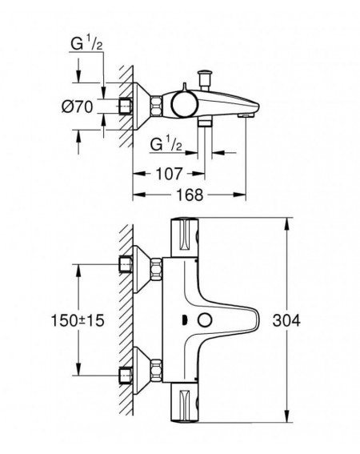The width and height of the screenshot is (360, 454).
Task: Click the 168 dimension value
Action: click(190, 195)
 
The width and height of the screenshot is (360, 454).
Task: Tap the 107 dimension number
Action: click(170, 174)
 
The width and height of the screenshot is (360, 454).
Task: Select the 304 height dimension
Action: click(286, 320)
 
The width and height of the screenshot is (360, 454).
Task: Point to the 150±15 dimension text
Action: click(78, 320)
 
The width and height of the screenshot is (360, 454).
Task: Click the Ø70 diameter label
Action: click(78, 106)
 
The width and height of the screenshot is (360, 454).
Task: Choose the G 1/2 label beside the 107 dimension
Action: click(166, 144)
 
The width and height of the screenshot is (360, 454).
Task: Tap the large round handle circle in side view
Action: click(185, 104)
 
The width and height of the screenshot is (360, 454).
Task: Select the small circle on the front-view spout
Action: click(205, 320)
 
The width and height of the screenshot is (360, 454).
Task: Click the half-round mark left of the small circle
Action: click(183, 320)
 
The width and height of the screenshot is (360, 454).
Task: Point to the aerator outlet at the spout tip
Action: click(246, 115)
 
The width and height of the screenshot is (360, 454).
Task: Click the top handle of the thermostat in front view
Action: click(185, 238)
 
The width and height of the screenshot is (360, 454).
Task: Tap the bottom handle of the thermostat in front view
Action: click(185, 403)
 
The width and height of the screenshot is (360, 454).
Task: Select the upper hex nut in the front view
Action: click(156, 269)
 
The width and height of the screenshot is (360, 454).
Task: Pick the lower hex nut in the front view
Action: click(156, 371)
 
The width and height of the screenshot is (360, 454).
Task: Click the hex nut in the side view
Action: click(156, 106)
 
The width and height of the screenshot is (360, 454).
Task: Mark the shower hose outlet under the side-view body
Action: click(205, 123)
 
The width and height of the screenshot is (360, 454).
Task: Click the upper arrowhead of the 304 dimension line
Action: click(286, 224)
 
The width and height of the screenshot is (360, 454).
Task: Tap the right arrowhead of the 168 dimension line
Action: click(239, 195)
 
